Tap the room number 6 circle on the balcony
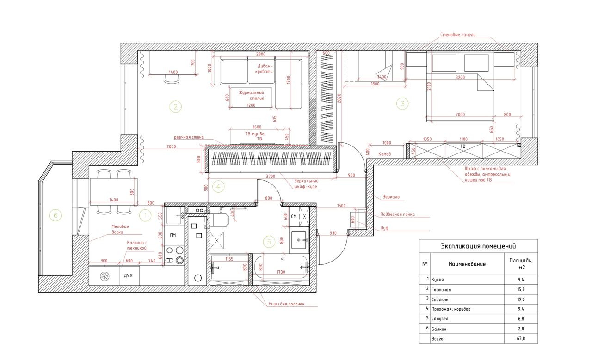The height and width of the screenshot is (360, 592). point(55,215)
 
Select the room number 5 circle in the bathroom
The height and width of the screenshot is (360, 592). point(269,241)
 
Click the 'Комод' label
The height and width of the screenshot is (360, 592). point(385,154)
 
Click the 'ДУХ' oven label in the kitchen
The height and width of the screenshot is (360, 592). point(129,276)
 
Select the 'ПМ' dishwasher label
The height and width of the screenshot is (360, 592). point(173,235)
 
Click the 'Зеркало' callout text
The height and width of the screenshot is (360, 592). point(390,197)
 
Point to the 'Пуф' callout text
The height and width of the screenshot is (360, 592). point(384,228)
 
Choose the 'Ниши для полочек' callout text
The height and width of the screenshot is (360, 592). point(286,304)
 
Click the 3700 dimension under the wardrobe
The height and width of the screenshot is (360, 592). point(271,176)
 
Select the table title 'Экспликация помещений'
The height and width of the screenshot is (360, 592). point(478,246)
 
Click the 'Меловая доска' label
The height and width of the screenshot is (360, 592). point(120,229)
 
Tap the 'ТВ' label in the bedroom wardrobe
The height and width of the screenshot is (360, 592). point(463,146)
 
